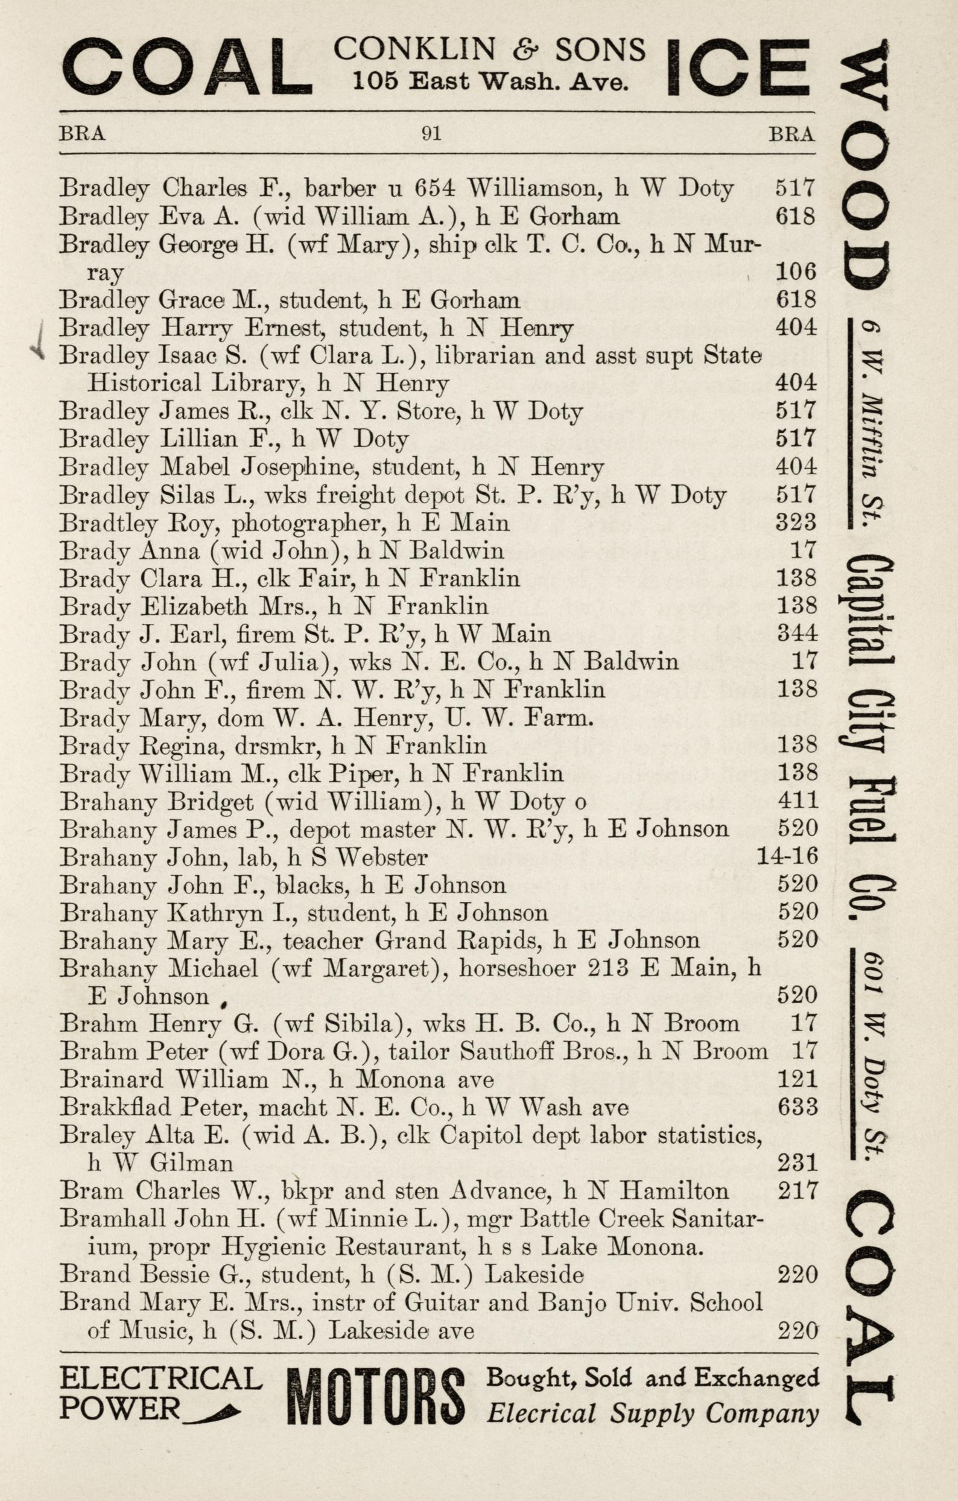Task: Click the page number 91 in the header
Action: point(431,134)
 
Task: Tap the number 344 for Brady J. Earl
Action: point(796,633)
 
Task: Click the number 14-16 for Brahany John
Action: point(787,857)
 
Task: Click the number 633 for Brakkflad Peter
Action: point(798,1107)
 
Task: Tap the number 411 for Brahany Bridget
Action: point(797,801)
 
